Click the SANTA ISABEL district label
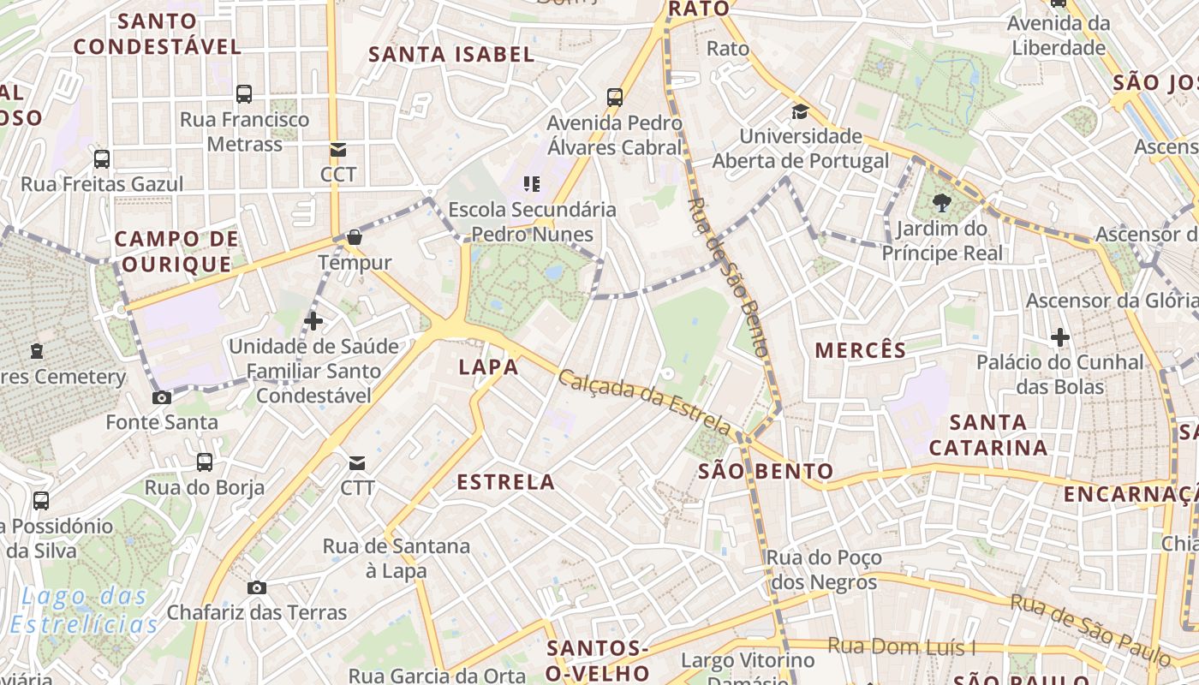(451, 55)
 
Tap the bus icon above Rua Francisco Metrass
(244, 94)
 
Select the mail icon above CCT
(338, 150)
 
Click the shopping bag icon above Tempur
(355, 237)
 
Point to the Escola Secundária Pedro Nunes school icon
(532, 184)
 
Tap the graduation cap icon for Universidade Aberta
(800, 111)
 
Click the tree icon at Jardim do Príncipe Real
(942, 203)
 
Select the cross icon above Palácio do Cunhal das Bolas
(1060, 337)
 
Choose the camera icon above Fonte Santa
(161, 397)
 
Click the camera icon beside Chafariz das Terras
(256, 587)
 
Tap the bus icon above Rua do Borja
(205, 462)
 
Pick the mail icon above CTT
(357, 463)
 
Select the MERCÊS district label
(860, 350)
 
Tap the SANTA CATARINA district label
(987, 435)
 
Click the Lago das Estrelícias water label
(85, 610)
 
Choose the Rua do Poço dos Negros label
(823, 570)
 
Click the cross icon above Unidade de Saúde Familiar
(313, 321)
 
